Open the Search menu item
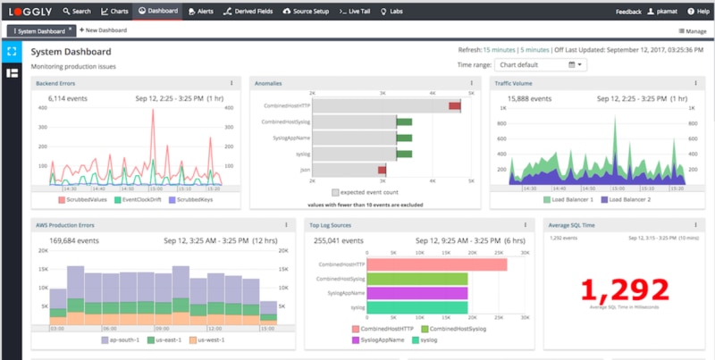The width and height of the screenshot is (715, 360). click(77, 12)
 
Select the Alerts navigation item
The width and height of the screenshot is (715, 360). click(202, 12)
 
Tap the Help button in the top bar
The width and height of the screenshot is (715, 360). click(698, 12)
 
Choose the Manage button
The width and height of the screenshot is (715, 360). click(692, 31)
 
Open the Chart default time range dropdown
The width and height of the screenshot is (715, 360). click(541, 65)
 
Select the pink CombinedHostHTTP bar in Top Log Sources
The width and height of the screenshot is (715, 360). click(437, 264)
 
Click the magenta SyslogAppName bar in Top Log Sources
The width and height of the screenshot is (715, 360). click(417, 293)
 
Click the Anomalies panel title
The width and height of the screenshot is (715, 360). click(268, 83)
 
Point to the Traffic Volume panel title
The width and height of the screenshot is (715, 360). click(516, 83)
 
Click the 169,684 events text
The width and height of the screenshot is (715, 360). click(73, 239)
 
